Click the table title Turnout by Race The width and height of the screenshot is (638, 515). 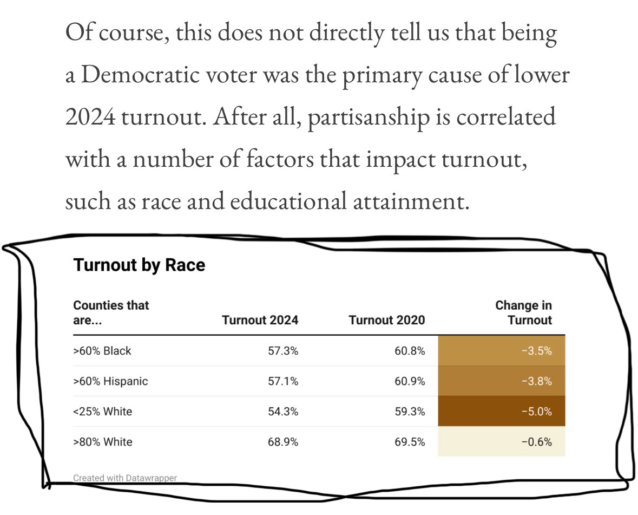click(139, 265)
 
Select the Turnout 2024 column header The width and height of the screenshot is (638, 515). click(260, 320)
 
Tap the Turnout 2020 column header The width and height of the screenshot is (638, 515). click(387, 320)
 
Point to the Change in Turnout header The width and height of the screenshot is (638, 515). click(523, 313)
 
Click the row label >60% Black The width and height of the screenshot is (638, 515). click(102, 351)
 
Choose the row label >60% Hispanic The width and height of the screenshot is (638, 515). click(110, 381)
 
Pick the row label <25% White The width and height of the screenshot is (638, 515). click(102, 412)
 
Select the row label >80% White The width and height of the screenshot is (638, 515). click(102, 442)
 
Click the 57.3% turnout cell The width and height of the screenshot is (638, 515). click(283, 351)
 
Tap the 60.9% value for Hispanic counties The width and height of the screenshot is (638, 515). click(410, 381)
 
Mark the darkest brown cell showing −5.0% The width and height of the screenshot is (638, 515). click(501, 412)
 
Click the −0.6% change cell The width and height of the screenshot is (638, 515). click(501, 442)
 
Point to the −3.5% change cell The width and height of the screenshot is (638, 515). click(501, 351)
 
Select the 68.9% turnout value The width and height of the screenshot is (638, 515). click(283, 442)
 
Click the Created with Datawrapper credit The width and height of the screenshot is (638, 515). click(125, 478)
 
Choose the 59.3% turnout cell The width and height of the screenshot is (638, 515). click(410, 412)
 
